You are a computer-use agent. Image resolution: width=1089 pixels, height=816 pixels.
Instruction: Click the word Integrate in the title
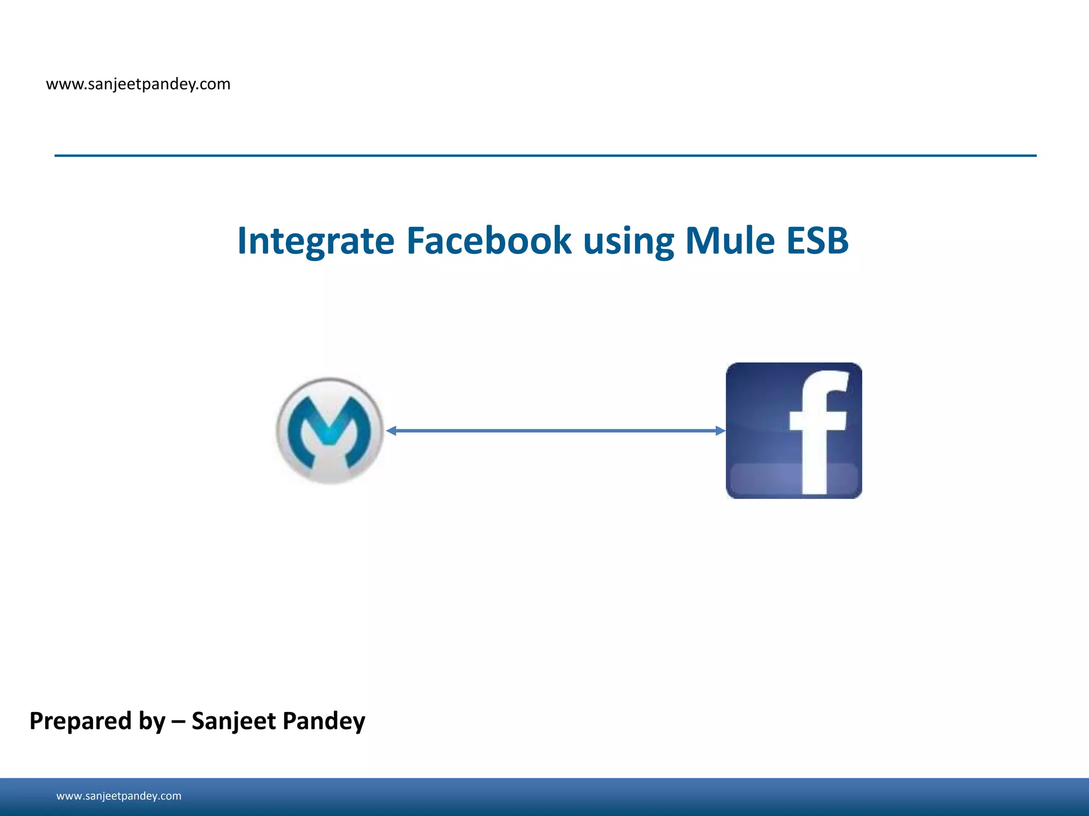click(x=315, y=241)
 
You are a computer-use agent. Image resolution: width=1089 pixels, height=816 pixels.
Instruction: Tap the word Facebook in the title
click(x=489, y=241)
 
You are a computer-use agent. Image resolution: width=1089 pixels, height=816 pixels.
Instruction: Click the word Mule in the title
click(x=730, y=241)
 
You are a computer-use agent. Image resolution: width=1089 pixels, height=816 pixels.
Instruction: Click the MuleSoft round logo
click(x=330, y=431)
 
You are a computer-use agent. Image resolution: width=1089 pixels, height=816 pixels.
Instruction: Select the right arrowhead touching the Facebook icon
click(x=720, y=431)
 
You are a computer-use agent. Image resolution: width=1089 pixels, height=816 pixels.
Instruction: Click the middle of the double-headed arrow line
click(x=556, y=431)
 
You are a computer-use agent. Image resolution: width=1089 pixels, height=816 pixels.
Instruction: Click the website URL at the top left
click(x=138, y=84)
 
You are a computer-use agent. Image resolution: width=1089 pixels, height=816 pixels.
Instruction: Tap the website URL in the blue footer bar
click(x=119, y=796)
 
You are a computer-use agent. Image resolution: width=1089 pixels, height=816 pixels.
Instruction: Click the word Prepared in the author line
click(x=80, y=721)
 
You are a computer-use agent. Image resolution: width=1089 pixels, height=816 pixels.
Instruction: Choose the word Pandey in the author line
click(x=324, y=721)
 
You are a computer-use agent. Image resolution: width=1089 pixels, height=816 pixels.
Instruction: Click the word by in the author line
click(x=152, y=721)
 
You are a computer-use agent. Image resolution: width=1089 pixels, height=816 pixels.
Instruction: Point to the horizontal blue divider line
click(x=545, y=156)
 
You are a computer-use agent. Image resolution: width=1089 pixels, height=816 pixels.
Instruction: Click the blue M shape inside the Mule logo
click(x=330, y=425)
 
